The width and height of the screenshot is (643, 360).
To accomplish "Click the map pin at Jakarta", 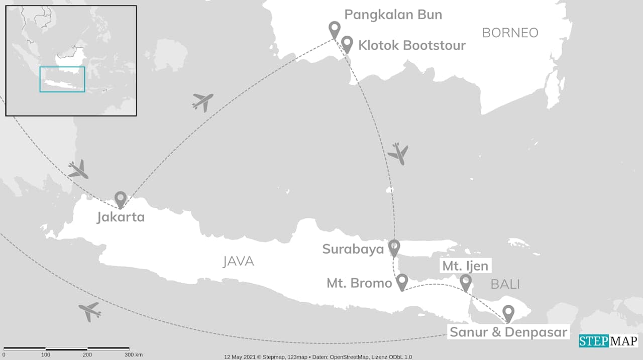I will point(120,199).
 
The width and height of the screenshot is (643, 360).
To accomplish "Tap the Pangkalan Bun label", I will point(393,15).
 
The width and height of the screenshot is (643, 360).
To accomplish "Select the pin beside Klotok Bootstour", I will point(347,44).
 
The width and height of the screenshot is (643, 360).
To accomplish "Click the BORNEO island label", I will point(510,33).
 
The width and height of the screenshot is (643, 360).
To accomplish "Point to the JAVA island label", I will point(238,262).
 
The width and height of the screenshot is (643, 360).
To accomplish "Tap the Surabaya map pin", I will point(394,247).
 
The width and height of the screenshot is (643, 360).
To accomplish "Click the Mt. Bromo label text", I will point(359,283).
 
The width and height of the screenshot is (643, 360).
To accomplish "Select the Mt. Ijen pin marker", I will point(466,282).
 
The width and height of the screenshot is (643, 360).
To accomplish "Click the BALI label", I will point(505,285).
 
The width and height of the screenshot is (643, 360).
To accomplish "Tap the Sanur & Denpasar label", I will point(508,332).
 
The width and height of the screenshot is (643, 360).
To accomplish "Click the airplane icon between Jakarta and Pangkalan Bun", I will point(202,101).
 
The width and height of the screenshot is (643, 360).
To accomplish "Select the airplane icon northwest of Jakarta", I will point(78,170).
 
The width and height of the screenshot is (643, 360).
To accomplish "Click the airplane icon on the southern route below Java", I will point(90,311).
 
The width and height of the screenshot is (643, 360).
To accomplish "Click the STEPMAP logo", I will point(608,341).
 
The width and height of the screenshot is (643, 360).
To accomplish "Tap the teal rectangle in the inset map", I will point(62,79).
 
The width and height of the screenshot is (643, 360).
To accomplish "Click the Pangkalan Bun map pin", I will point(334,29).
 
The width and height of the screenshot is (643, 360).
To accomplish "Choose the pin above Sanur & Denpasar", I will point(508,313).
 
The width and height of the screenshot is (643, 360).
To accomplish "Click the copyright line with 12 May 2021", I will point(318,357).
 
